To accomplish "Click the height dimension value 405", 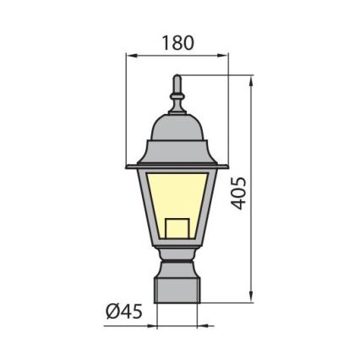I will pos(240,193).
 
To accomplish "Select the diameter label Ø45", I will pos(123,311).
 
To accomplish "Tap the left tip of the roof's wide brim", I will pos(128,166).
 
